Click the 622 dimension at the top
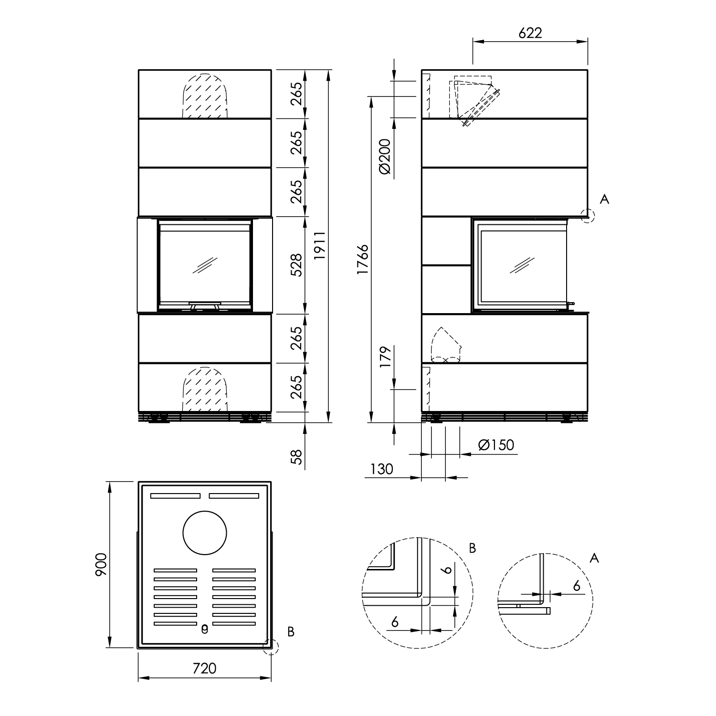[x=530, y=32]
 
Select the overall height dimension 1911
[x=320, y=246]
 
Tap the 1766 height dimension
[x=363, y=259]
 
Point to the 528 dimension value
[x=296, y=265]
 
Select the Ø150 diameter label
[x=496, y=445]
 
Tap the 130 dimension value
[x=381, y=469]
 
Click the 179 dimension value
[x=386, y=356]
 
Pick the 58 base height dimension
[x=296, y=457]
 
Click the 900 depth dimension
[x=101, y=565]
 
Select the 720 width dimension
[x=204, y=668]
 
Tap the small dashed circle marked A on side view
[x=588, y=216]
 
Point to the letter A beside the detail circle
[x=594, y=558]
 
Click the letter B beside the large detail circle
[x=472, y=548]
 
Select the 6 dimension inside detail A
[x=577, y=586]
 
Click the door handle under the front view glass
[x=205, y=305]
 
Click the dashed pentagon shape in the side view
[x=445, y=345]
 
